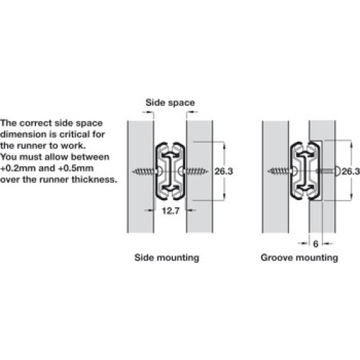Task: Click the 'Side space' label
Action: click(170, 103)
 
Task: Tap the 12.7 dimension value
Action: click(171, 211)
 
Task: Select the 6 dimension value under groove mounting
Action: click(315, 244)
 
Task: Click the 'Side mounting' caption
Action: click(167, 258)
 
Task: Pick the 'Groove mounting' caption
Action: click(300, 258)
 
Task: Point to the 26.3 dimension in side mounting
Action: click(224, 171)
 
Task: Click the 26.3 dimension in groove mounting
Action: click(351, 171)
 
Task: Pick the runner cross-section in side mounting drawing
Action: click(170, 171)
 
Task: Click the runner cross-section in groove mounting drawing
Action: click(305, 171)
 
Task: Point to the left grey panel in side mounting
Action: click(140, 176)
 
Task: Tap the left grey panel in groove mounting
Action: click(276, 176)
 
